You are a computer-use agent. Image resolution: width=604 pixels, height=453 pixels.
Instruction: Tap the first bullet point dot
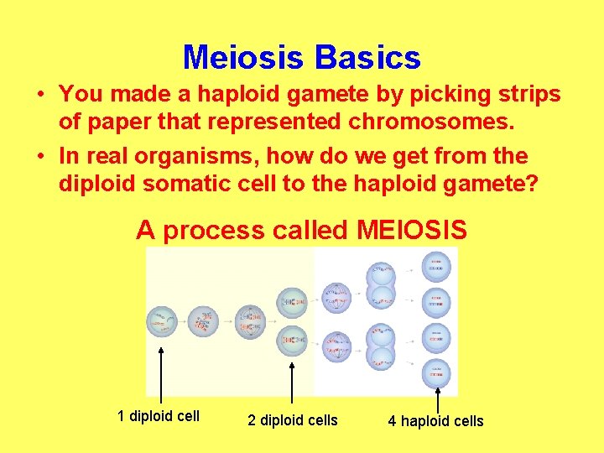coord(39,95)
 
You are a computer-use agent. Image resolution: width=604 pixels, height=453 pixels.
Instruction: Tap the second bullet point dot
coord(39,157)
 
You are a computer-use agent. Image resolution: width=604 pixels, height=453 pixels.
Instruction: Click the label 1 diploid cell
coord(159,415)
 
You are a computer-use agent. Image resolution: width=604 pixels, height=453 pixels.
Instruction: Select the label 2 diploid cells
coord(292,420)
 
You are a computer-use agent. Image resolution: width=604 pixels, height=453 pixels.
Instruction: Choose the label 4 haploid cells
coord(435,421)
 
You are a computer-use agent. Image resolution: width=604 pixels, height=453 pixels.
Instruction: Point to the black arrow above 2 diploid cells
coord(291,373)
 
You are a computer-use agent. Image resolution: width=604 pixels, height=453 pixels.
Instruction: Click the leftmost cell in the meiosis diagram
coord(160,320)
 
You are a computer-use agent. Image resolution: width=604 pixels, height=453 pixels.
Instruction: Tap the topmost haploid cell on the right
coord(436,268)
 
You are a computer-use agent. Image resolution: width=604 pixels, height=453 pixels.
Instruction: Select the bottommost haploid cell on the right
coord(436,372)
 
